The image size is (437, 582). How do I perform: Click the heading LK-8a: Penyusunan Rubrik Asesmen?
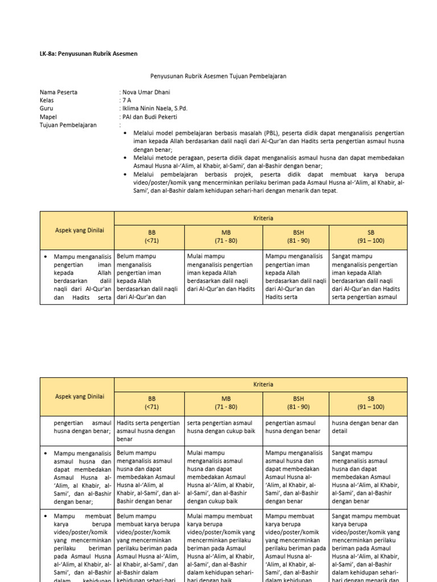pos(88,53)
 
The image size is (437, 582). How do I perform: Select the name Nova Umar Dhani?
pos(145,92)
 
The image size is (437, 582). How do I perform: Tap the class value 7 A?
pos(126,100)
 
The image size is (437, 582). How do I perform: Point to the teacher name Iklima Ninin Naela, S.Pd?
pos(154,109)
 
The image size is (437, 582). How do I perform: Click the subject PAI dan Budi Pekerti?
pos(149,117)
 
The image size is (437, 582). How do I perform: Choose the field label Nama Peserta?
pos(59,92)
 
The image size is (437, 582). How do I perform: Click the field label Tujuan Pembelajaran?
pos(68,125)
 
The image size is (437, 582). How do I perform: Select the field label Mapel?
pos(48,117)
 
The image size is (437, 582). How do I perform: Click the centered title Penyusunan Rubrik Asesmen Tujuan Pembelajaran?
pos(218,76)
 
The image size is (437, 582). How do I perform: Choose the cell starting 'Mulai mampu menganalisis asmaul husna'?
pos(224,477)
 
